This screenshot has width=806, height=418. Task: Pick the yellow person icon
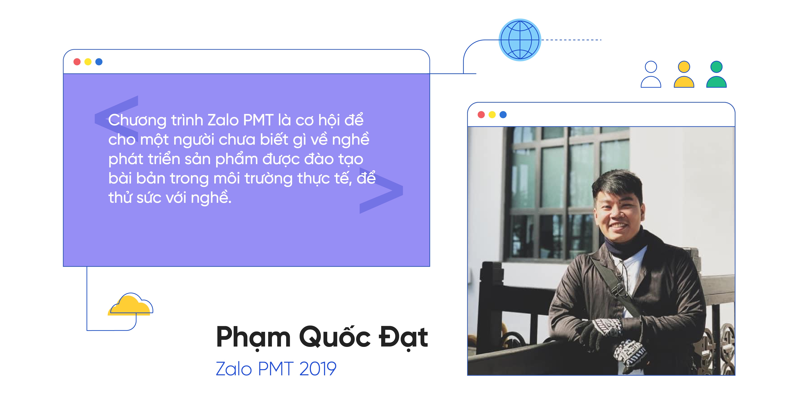684,74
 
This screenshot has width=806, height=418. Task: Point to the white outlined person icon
651,74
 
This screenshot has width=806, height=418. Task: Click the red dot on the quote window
77,62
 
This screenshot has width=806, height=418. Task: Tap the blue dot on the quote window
99,62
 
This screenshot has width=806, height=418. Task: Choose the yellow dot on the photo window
492,115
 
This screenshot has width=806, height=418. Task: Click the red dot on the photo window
481,115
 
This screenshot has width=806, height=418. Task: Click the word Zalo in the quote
223,120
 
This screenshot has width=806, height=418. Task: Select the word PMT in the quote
258,120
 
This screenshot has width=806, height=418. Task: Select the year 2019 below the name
318,369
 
